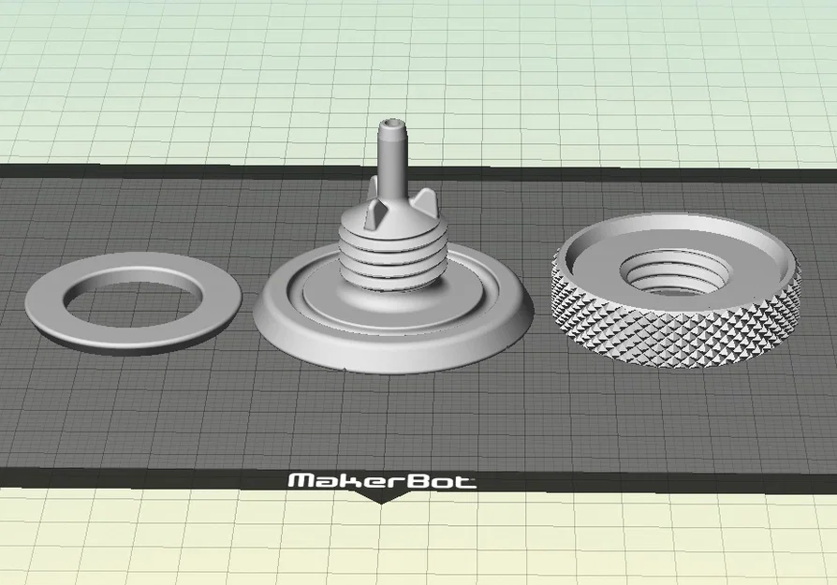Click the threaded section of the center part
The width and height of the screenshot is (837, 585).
coord(392,256)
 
